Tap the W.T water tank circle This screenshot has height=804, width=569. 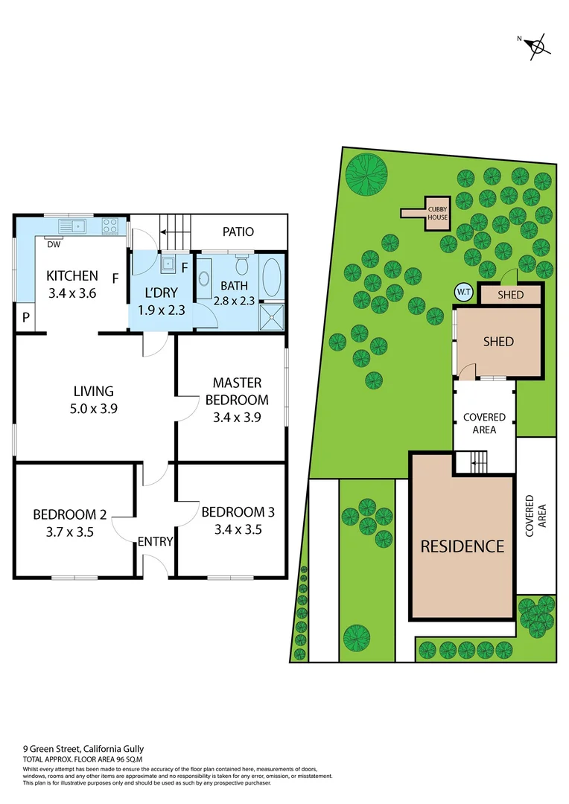pos(463,293)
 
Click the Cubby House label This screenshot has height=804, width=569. pos(437,213)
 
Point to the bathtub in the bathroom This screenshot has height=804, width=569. pos(272,277)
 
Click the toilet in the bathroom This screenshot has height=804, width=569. pos(241,265)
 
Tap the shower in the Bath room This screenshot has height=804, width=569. pos(272,318)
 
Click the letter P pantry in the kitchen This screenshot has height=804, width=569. pos(25,318)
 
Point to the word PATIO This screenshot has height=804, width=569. pos(238,232)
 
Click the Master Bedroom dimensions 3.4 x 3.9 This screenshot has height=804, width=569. pos(237,416)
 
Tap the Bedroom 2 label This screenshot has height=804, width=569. pos(70,514)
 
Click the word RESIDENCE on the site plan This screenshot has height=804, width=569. pos(462,546)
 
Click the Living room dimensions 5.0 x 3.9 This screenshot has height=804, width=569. pos(94,408)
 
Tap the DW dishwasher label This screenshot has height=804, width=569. pos(54,244)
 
